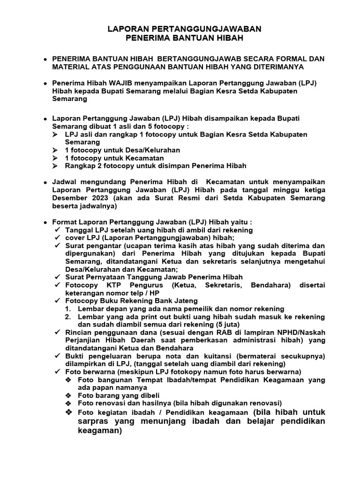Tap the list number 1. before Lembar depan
tap(68, 309)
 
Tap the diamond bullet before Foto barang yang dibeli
tap(68, 396)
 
